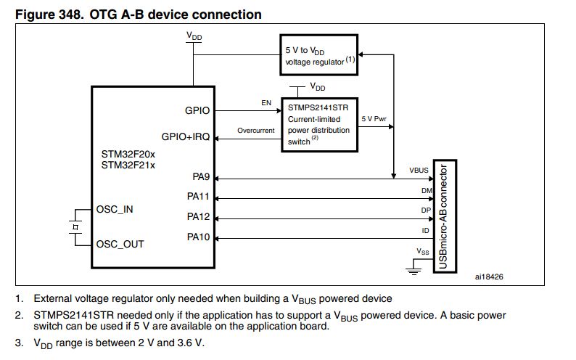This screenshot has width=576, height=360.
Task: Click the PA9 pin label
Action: coord(201,177)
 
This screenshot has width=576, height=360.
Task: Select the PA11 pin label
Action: coord(198,197)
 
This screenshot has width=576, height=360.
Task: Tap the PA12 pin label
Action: coord(198,216)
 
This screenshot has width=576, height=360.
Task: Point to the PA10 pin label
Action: coord(198,237)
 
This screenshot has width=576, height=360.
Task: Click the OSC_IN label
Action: coord(115,209)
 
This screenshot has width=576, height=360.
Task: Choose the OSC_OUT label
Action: coord(120,244)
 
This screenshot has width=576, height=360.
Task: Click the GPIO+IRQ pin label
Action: coord(185,137)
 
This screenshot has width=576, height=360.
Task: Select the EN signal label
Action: coord(266,104)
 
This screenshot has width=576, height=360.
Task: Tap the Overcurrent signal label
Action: coord(256,131)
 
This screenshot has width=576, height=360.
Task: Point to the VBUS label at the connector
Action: coord(419,171)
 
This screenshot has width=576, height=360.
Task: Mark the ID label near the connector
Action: coord(424,230)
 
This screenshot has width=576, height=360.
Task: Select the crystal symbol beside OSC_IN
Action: coord(75,226)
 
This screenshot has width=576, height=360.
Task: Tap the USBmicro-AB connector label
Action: coord(444,217)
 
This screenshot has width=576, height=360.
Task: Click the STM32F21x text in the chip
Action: coord(128,165)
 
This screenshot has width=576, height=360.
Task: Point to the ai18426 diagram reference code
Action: coord(489,277)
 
